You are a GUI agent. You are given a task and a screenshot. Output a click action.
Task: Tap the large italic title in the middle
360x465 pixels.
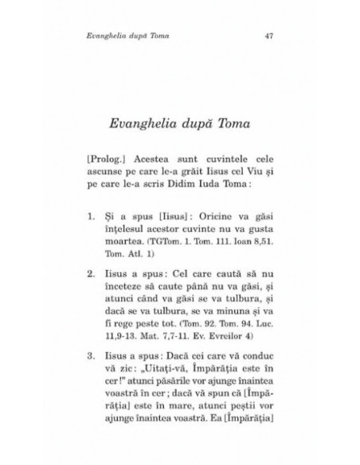click(x=180, y=123)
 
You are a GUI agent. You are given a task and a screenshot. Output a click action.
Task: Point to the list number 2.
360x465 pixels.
click(x=91, y=271)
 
